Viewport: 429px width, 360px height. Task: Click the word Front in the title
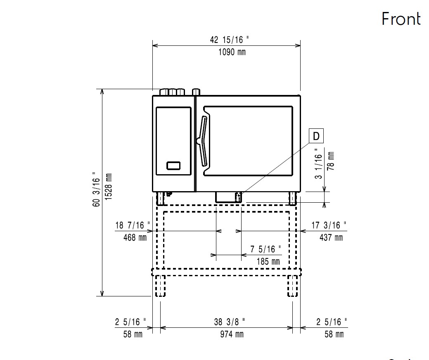pyautogui.click(x=401, y=19)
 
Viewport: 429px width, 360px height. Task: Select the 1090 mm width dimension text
pyautogui.click(x=232, y=52)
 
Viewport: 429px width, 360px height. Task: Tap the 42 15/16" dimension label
pyautogui.click(x=229, y=40)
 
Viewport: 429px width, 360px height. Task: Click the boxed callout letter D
pyautogui.click(x=316, y=136)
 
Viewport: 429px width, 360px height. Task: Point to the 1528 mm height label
pyautogui.click(x=109, y=187)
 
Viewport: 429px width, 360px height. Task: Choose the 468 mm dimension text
pyautogui.click(x=135, y=237)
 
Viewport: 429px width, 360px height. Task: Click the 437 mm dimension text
pyautogui.click(x=331, y=237)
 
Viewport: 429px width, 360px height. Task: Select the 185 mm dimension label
pyautogui.click(x=268, y=261)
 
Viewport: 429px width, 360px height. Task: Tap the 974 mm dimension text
pyautogui.click(x=232, y=334)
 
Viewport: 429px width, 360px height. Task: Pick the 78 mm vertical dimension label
pyautogui.click(x=331, y=161)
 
